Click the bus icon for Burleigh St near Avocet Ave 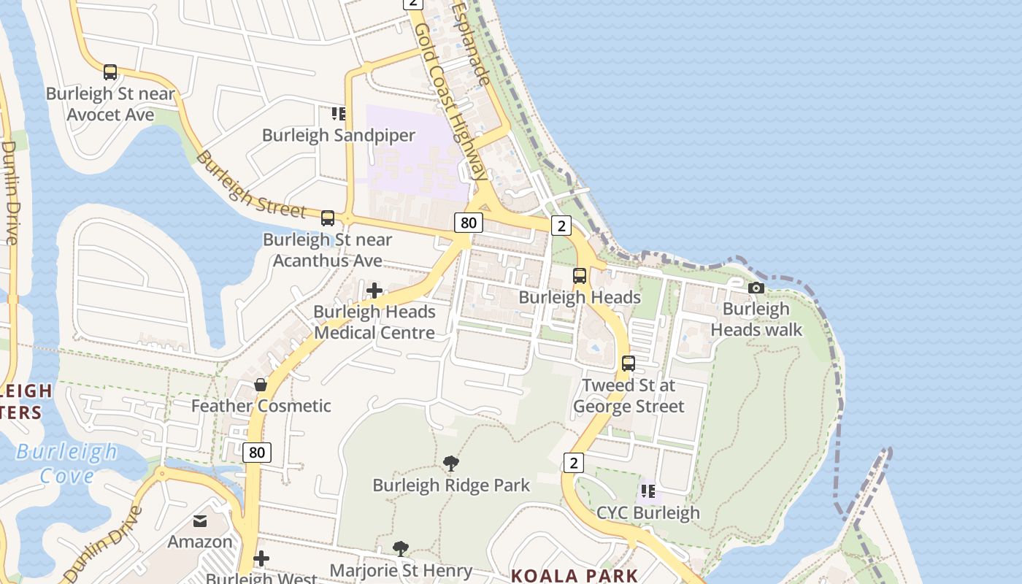tap(110, 72)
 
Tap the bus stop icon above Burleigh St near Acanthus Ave tap(328, 218)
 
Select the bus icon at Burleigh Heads tap(580, 276)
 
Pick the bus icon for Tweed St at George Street tap(629, 363)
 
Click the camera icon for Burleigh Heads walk tap(756, 288)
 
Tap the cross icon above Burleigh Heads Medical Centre tap(374, 291)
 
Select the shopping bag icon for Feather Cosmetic tap(261, 384)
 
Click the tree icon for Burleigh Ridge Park tap(451, 463)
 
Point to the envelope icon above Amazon tap(199, 520)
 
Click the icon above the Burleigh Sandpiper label tap(339, 113)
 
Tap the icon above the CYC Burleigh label tap(648, 491)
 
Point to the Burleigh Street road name tap(250, 185)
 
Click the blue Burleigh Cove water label tap(66, 464)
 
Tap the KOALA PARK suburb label tap(575, 575)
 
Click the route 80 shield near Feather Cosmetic tap(256, 453)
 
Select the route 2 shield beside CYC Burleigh tap(574, 462)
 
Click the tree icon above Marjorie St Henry tap(400, 548)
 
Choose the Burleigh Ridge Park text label tap(451, 485)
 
